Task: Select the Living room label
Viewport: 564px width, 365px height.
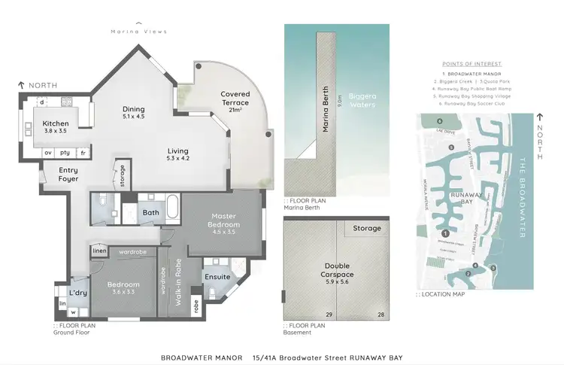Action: [x=177, y=154]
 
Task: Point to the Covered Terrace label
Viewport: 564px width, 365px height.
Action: [x=235, y=99]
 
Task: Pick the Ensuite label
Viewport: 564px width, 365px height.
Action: [x=217, y=277]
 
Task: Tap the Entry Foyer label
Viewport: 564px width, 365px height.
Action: [x=68, y=175]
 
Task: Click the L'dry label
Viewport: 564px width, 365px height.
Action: [x=78, y=292]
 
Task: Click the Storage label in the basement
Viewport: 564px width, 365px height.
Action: [x=367, y=228]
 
